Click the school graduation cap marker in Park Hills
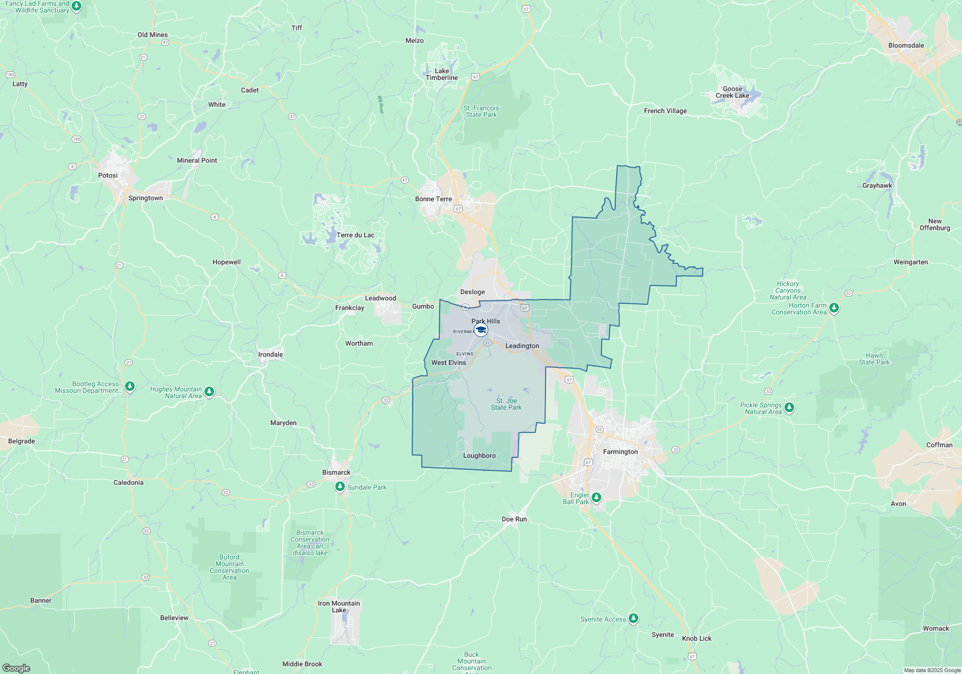pos(481,330)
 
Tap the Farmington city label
pos(620,452)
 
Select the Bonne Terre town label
pos(433,199)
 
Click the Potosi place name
pos(108,175)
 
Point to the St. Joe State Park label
pos(506,404)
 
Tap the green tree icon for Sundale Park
pos(340,487)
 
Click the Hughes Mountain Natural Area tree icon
pos(209,391)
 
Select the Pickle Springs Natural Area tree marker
pos(789,408)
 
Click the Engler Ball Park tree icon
pos(596,497)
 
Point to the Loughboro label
pos(479,455)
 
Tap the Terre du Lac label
pos(355,235)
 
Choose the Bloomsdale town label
pos(906,45)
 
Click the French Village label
pos(665,111)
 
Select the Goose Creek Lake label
pos(732,92)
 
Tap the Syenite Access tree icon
pos(633,618)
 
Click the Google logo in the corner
pos(16,668)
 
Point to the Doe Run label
pos(514,519)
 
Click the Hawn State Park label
pos(874,359)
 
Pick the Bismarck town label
pos(336,472)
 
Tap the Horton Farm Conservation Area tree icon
pos(834,308)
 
